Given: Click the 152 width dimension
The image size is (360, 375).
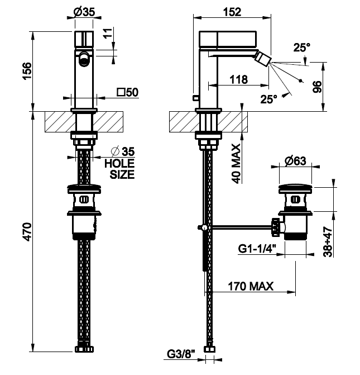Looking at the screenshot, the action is tap(232, 12).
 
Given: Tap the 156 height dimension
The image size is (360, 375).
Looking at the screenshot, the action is tap(27, 71).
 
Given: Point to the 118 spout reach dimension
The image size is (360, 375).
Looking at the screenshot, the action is tap(239, 79).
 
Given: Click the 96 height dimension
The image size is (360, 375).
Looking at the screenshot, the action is tap(318, 87).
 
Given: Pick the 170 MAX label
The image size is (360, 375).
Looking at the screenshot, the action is tap(251, 286).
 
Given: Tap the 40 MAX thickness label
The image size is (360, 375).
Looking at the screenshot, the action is tap(237, 164).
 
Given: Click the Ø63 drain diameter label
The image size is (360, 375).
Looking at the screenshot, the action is tap(295, 160).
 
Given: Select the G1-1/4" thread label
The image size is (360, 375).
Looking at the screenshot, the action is tap(257, 249).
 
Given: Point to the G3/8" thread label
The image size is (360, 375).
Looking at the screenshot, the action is tap(181, 354).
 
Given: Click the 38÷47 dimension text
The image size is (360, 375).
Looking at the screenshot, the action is tap(328, 242).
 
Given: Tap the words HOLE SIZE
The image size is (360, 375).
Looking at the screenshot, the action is tap(119, 169).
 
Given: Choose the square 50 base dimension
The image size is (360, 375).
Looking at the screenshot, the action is tap(128, 92).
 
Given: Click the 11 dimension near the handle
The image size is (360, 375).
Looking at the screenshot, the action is tap(108, 33).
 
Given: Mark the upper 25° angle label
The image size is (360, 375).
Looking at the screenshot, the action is tap(302, 48).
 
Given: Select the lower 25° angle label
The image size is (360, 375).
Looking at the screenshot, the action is tap(269, 99).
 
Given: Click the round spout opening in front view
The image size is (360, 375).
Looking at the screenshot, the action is tap(84, 58).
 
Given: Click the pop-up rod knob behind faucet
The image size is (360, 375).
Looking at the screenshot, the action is tap(195, 98).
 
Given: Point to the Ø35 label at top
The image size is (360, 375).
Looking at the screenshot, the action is tap(84, 12).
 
